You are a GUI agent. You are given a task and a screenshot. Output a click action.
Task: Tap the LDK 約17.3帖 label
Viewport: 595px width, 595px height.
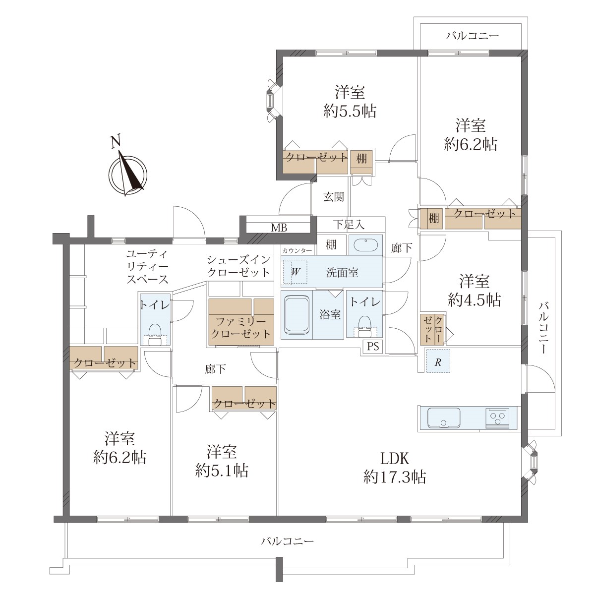(x=395, y=468)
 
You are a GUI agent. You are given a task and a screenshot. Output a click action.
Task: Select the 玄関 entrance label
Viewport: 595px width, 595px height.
(x=334, y=197)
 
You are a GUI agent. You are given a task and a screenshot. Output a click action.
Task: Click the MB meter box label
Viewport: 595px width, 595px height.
(x=279, y=228)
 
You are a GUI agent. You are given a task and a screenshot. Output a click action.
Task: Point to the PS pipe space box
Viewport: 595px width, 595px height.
(x=373, y=346)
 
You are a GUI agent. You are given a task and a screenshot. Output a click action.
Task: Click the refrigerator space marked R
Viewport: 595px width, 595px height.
(x=438, y=360)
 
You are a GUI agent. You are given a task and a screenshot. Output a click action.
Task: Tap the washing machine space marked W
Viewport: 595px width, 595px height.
(x=296, y=272)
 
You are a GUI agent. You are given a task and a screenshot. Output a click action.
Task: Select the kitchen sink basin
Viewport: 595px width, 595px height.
(x=444, y=418)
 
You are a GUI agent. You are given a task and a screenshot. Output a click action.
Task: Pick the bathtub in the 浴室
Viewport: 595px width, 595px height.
(x=297, y=315)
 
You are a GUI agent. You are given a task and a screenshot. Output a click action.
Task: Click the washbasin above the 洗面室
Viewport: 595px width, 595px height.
(x=365, y=244)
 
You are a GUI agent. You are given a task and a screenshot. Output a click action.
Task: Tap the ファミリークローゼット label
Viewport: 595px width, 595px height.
(x=241, y=328)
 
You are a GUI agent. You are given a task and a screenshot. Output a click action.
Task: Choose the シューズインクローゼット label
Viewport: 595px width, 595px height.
(x=238, y=266)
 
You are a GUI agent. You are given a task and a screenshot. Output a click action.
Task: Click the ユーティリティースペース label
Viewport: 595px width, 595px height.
(x=147, y=266)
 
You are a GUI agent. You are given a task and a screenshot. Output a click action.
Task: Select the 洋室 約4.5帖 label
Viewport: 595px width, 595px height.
(x=475, y=290)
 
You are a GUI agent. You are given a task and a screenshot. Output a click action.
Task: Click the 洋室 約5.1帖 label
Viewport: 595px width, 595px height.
(x=222, y=461)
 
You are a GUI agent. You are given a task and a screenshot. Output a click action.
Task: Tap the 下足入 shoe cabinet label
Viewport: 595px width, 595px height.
(x=349, y=225)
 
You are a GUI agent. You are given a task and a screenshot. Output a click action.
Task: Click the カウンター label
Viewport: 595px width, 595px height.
(x=297, y=251)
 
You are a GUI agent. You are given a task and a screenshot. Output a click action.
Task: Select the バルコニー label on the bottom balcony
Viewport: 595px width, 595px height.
(x=288, y=541)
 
